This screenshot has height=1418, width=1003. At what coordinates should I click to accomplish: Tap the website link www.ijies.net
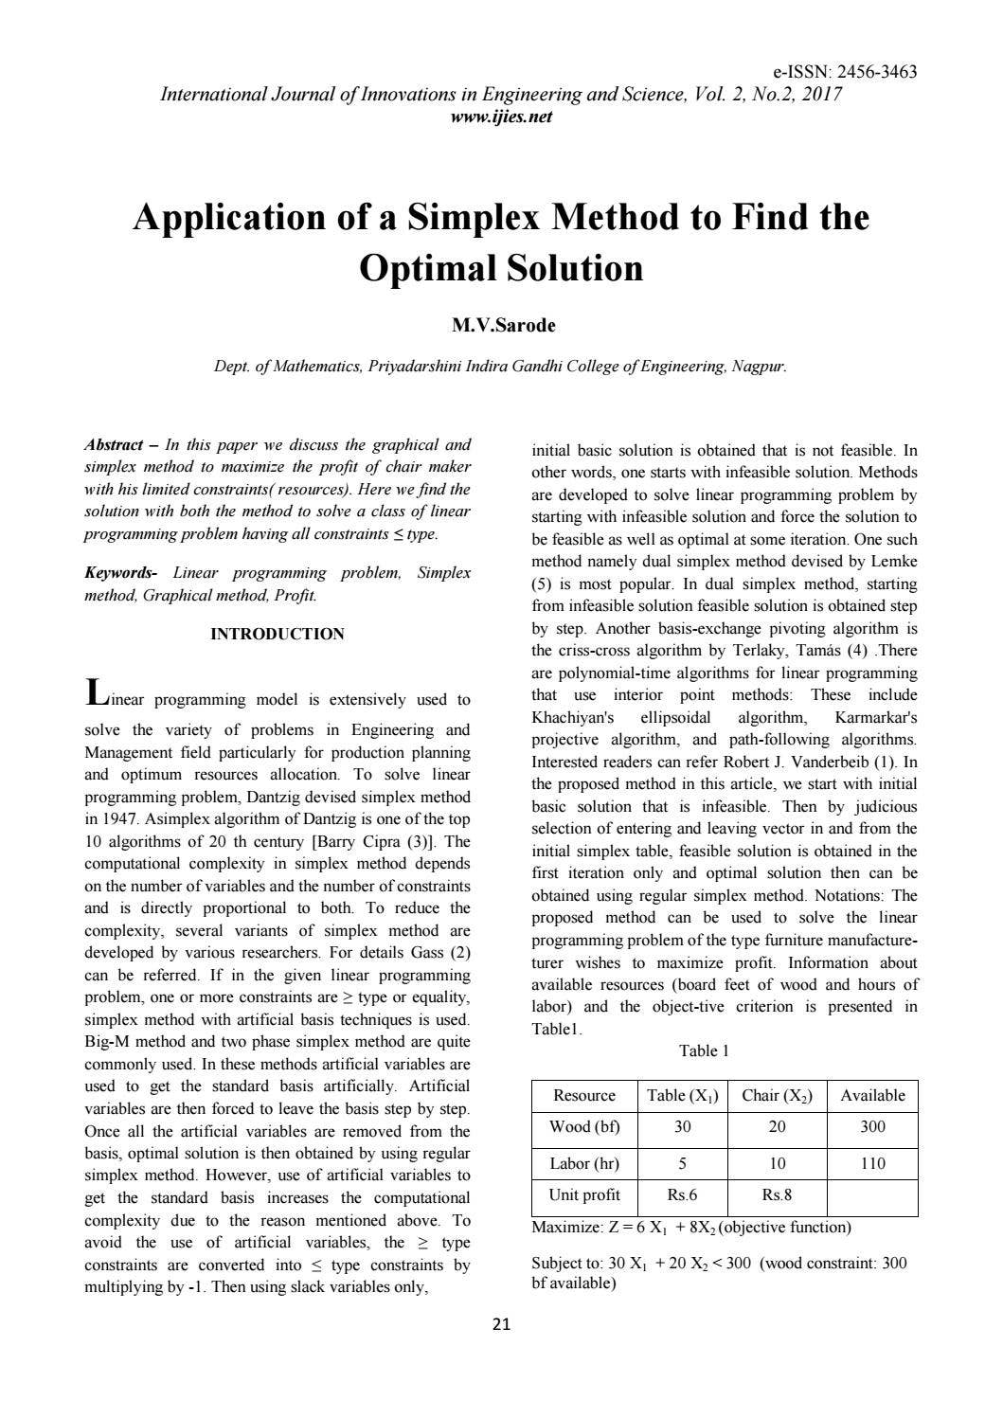click(501, 117)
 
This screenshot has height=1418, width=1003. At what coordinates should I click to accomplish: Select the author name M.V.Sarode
click(503, 325)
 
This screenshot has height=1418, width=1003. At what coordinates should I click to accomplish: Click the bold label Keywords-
click(120, 573)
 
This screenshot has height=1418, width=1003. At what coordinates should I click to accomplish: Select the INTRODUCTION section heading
click(277, 634)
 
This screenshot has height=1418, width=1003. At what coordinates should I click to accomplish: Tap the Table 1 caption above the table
click(704, 1050)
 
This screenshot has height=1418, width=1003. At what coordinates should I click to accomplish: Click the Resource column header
click(583, 1095)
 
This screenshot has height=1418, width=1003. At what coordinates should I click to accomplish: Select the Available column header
click(872, 1095)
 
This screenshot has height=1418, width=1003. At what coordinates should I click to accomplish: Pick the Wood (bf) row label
click(583, 1126)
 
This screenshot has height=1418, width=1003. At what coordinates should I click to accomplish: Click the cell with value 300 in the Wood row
click(872, 1126)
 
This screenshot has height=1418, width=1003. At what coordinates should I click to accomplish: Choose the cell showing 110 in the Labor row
click(872, 1163)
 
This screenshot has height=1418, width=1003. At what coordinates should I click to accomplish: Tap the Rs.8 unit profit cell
click(776, 1194)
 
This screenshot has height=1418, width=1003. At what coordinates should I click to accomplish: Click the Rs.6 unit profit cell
click(682, 1194)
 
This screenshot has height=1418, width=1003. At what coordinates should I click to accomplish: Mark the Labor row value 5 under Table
click(682, 1163)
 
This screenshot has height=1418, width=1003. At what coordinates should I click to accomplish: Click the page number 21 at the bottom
click(501, 1324)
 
